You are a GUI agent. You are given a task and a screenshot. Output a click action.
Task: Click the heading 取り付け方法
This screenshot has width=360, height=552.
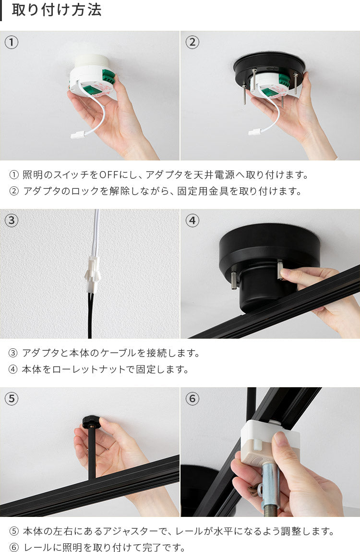(x=57, y=10)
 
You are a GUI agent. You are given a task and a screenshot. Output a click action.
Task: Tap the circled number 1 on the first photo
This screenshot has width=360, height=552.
(x=11, y=42)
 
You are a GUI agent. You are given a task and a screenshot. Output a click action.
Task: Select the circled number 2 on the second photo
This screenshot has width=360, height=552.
(x=192, y=42)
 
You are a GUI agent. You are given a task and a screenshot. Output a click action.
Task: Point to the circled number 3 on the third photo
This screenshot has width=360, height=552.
(x=11, y=221)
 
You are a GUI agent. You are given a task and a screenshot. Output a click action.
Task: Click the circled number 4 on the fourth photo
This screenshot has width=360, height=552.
(x=192, y=221)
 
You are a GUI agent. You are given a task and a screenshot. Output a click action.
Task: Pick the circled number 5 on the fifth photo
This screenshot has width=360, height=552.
(x=11, y=399)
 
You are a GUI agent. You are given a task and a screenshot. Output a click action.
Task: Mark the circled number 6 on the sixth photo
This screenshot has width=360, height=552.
(x=192, y=399)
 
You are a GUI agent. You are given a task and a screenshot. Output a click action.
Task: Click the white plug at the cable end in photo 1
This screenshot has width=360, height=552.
(x=77, y=134)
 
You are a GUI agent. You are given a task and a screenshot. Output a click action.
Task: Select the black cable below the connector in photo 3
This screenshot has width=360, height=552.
(x=90, y=316)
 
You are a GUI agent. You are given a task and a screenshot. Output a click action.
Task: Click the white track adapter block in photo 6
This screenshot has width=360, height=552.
(x=267, y=440)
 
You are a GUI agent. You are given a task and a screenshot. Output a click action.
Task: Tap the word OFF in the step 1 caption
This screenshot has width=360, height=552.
(x=109, y=174)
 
